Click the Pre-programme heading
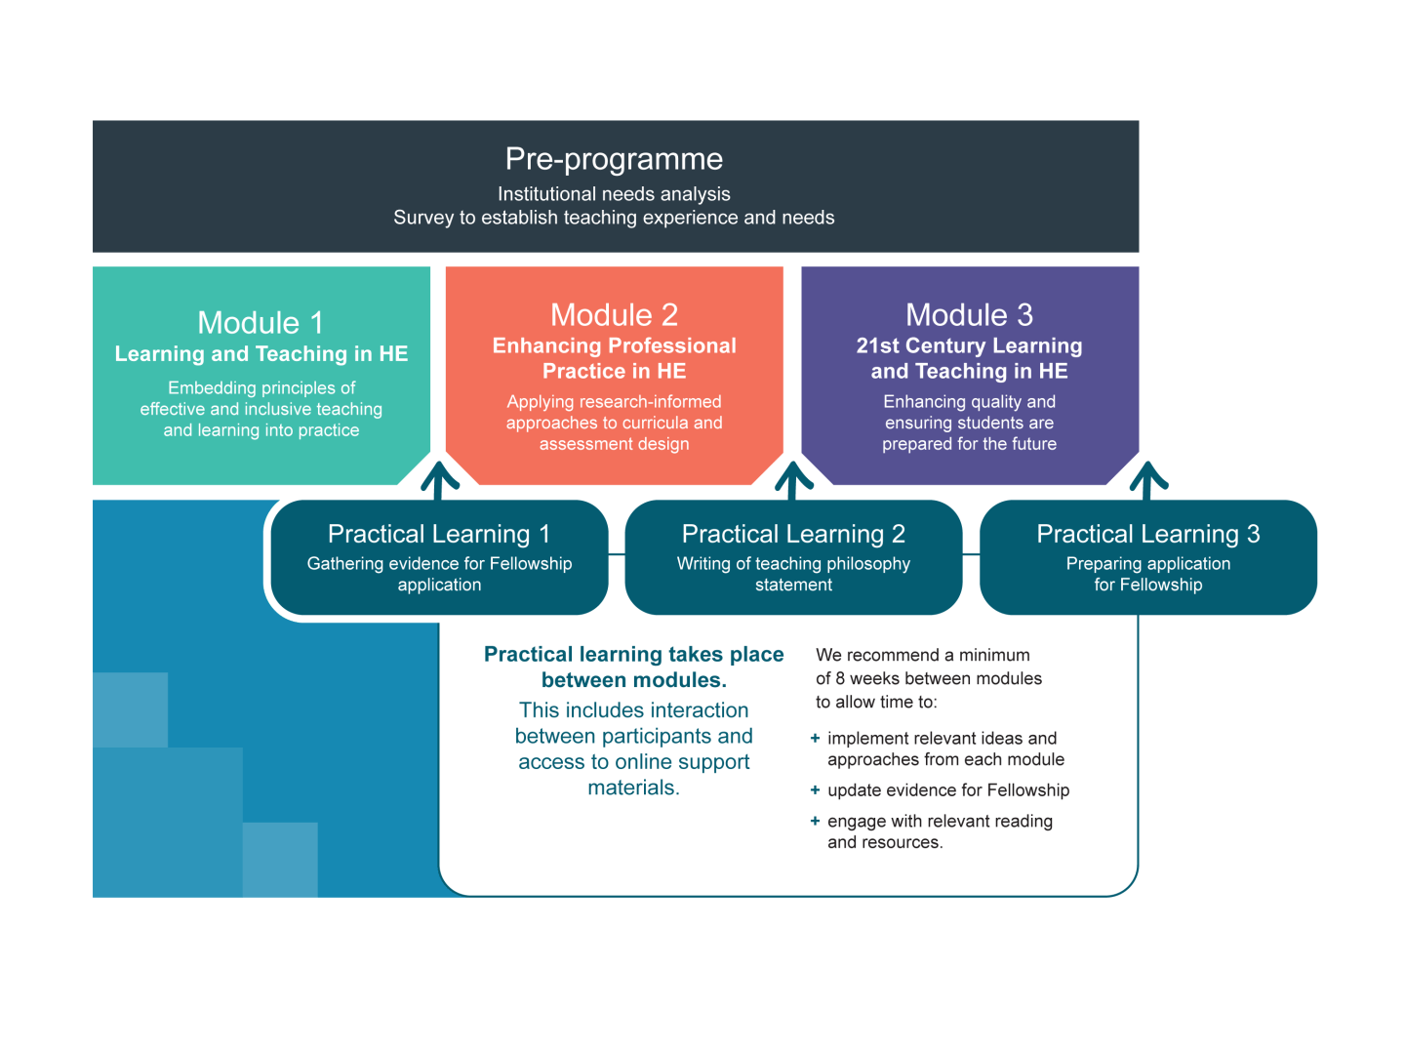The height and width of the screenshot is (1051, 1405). pyautogui.click(x=614, y=159)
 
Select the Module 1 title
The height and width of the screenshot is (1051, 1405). pyautogui.click(x=261, y=322)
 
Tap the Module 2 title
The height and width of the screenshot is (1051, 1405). pyautogui.click(x=614, y=314)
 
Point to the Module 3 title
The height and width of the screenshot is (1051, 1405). pyautogui.click(x=969, y=314)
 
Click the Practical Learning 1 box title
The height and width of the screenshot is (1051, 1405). pyautogui.click(x=439, y=534)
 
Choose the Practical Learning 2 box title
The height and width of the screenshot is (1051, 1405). pyautogui.click(x=793, y=534)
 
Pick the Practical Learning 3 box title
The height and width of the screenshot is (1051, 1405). pyautogui.click(x=1147, y=534)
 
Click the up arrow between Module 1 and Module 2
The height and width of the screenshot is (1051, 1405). pyautogui.click(x=440, y=479)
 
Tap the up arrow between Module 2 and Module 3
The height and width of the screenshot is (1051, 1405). pyautogui.click(x=794, y=479)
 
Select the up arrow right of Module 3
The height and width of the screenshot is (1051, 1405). pyautogui.click(x=1148, y=479)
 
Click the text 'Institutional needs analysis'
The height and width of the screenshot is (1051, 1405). pyautogui.click(x=614, y=194)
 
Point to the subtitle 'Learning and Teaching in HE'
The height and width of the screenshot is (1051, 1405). pyautogui.click(x=261, y=353)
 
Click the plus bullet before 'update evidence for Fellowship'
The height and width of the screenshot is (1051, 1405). pyautogui.click(x=815, y=790)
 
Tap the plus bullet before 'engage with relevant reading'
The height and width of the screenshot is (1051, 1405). pyautogui.click(x=815, y=821)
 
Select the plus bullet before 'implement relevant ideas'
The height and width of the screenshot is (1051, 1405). pyautogui.click(x=815, y=739)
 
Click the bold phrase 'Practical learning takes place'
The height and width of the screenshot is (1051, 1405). pyautogui.click(x=633, y=654)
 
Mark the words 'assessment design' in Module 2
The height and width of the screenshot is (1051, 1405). pyautogui.click(x=614, y=444)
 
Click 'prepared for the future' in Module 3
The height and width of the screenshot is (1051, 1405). pyautogui.click(x=969, y=444)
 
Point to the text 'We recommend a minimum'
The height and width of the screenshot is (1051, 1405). pyautogui.click(x=922, y=655)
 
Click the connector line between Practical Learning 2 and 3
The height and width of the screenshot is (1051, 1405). pyautogui.click(x=971, y=554)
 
